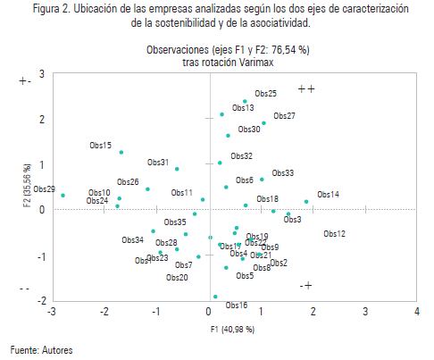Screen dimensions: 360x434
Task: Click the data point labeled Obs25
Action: [x=245, y=102]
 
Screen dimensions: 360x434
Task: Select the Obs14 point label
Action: [x=328, y=194]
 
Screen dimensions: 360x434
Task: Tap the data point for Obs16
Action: [x=214, y=297]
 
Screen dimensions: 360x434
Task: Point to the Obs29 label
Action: [x=45, y=189]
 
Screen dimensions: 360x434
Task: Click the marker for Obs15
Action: [x=121, y=153]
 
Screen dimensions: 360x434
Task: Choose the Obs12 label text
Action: [x=334, y=233]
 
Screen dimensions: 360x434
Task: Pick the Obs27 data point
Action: [x=263, y=123]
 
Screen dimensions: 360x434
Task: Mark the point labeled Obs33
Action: [x=262, y=180]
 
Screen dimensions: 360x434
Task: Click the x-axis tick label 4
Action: [x=417, y=312]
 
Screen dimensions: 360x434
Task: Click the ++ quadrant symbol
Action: [x=307, y=88]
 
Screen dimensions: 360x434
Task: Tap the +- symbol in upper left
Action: [x=25, y=81]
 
